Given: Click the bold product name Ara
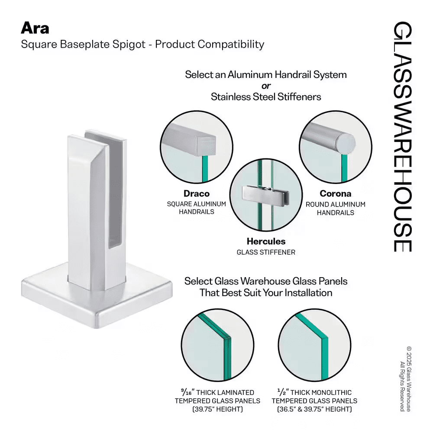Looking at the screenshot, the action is [35, 28].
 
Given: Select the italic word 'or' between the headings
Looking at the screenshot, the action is [266, 86].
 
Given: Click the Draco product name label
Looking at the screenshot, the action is [197, 194].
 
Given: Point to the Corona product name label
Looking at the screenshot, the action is [336, 194].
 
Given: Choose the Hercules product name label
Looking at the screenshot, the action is [266, 241].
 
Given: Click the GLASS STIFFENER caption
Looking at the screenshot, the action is [266, 252].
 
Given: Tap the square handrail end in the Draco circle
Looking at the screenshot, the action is [206, 145].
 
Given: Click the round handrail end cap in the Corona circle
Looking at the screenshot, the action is [345, 144].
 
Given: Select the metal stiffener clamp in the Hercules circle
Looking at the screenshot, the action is [266, 196].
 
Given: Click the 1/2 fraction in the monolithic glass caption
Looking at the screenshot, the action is [283, 392].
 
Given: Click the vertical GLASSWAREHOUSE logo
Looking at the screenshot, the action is [402, 137].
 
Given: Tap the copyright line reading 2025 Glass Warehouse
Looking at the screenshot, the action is [408, 379].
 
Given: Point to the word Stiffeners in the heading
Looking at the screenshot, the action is [299, 97].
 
